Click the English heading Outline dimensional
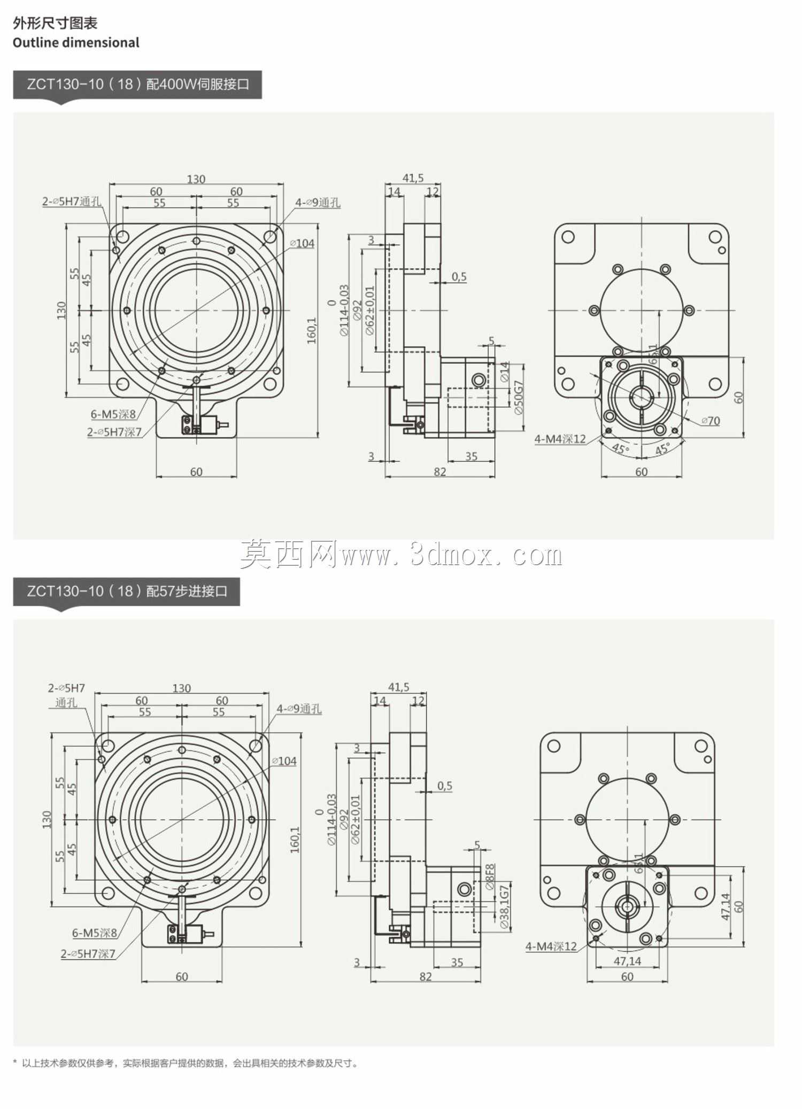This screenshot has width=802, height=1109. pos(76,43)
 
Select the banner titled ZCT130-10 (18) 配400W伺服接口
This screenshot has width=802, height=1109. pos(137,84)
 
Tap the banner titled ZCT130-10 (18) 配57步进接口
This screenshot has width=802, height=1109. pos(126,591)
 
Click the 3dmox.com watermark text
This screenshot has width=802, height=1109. pos(401,555)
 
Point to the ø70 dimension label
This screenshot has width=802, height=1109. pos(711,421)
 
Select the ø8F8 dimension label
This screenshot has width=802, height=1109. pos(490,877)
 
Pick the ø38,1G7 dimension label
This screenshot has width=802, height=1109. pos(505,908)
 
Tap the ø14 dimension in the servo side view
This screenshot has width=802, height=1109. pos(505,371)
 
